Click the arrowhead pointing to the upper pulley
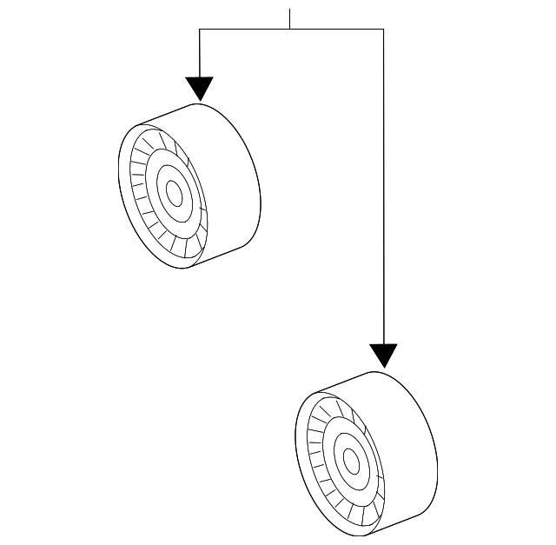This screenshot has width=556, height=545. (200, 88)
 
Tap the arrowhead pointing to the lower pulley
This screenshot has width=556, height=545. (383, 355)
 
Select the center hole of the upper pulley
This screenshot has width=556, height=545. (174, 194)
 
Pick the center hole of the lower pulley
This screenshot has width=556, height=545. (351, 460)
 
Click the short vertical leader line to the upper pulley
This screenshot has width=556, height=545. (200, 52)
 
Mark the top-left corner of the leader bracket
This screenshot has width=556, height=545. (200, 30)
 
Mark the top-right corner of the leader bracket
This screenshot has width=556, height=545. (383, 30)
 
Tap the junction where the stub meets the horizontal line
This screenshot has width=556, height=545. (290, 30)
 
